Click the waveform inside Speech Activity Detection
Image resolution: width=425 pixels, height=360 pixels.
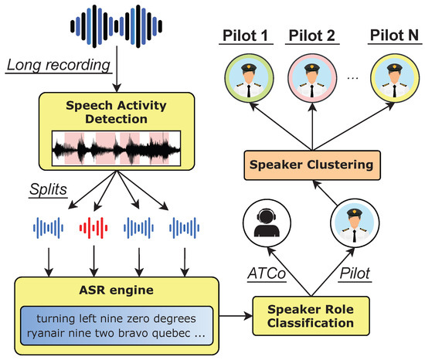point(116,149)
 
